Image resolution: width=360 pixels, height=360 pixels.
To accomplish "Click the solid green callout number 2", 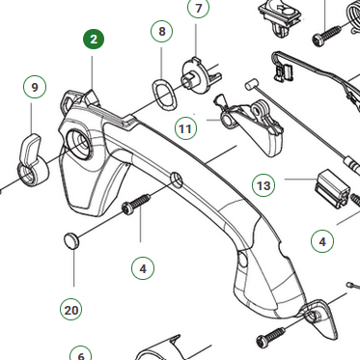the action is pyautogui.click(x=94, y=40).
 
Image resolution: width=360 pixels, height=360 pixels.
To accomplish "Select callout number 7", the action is pyautogui.click(x=198, y=8).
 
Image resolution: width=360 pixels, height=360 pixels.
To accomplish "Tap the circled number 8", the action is pyautogui.click(x=162, y=31).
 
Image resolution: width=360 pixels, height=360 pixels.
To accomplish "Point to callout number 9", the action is pyautogui.click(x=35, y=87).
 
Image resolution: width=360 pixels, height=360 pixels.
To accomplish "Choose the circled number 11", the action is pyautogui.click(x=185, y=128).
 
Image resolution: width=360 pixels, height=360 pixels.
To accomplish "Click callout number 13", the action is pyautogui.click(x=263, y=185).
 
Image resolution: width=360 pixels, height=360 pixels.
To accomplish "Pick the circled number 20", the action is pyautogui.click(x=71, y=310).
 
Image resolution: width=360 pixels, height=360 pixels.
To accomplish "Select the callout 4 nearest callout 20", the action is pyautogui.click(x=143, y=268).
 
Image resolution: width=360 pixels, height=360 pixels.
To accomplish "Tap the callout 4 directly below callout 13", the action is pyautogui.click(x=322, y=241).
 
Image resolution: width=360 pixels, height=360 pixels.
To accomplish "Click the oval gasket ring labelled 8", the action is pyautogui.click(x=165, y=95).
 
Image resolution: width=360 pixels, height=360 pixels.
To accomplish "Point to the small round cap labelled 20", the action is pyautogui.click(x=70, y=241).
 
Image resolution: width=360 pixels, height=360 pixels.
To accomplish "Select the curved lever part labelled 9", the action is pyautogui.click(x=32, y=159).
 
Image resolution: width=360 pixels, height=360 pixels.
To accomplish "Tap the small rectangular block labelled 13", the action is pyautogui.click(x=332, y=187).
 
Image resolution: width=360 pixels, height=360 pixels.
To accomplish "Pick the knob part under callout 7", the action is pyautogui.click(x=200, y=76).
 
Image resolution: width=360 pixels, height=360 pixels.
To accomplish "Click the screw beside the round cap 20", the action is pyautogui.click(x=136, y=204).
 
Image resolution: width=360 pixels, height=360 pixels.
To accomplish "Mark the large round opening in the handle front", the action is pyautogui.click(x=79, y=143).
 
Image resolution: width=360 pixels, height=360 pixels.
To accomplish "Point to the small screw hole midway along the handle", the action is pyautogui.click(x=177, y=180).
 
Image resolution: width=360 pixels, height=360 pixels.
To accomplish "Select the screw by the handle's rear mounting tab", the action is pyautogui.click(x=271, y=337).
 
